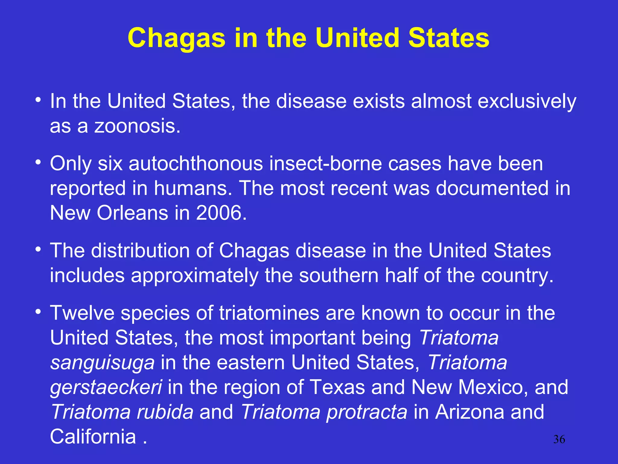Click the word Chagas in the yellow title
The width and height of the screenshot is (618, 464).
pyautogui.click(x=177, y=38)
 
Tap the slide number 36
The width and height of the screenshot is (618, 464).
pyautogui.click(x=559, y=439)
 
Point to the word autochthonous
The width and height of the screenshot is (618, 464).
pyautogui.click(x=196, y=163)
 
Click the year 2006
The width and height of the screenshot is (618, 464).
pyautogui.click(x=221, y=213)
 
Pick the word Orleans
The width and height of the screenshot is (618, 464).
pyautogui.click(x=132, y=213)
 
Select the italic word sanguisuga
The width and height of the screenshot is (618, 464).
pyautogui.click(x=102, y=362)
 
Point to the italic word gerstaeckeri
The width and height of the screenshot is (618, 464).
pyautogui.click(x=106, y=387)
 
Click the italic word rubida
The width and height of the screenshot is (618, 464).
pyautogui.click(x=165, y=412)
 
